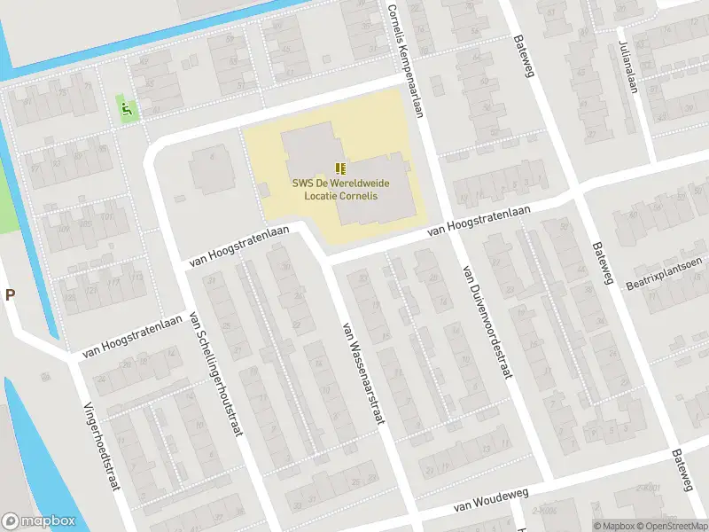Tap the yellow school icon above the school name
click(x=340, y=168)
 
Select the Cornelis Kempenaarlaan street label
click(x=405, y=58)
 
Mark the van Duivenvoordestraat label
click(x=487, y=319)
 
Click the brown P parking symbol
click(x=10, y=295)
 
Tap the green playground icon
click(x=126, y=110)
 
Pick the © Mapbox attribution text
click(x=613, y=526)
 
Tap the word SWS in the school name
click(x=303, y=183)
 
